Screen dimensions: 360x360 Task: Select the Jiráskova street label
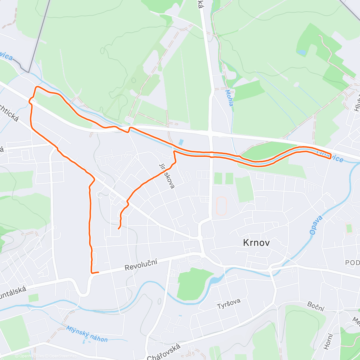point(167,176)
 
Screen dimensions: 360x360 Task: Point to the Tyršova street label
point(229,304)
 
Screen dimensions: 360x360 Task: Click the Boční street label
point(316,306)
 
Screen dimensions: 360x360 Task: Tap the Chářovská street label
point(164,352)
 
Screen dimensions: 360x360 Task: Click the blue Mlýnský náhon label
point(87,334)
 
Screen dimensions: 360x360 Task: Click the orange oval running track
point(221,206)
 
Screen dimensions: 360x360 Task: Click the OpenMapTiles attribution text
point(29,356)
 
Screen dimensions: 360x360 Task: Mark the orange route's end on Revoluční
point(98,272)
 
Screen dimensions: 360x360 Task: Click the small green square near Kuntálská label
point(34,298)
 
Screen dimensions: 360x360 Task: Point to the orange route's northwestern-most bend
point(37,87)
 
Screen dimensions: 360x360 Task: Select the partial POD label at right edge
point(352,263)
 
